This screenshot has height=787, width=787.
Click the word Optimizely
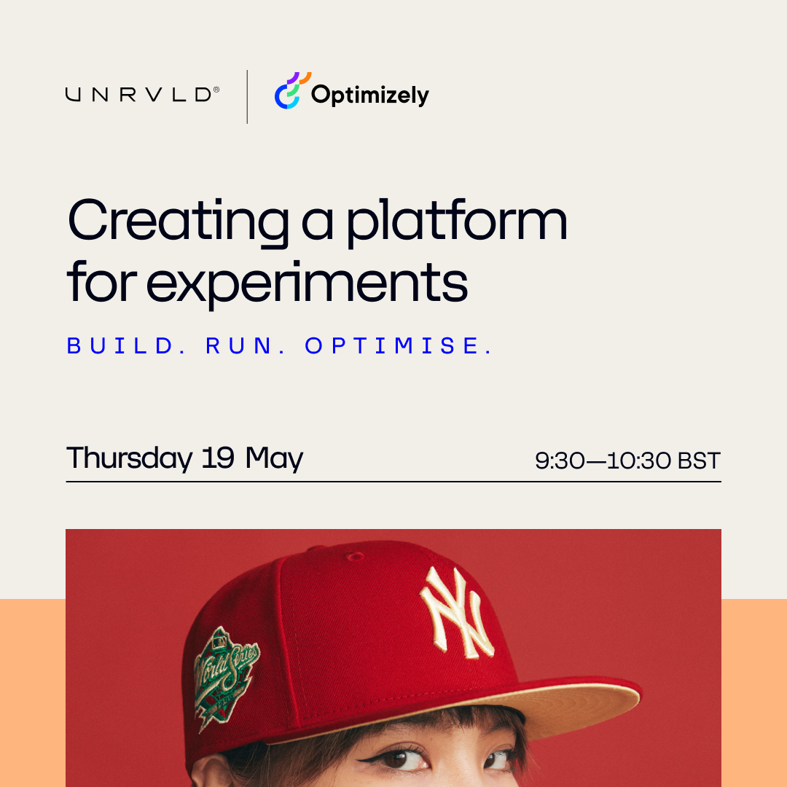pyautogui.click(x=370, y=95)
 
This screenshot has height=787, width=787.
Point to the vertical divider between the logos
pyautogui.click(x=247, y=97)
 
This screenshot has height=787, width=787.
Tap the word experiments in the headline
pyautogui.click(x=307, y=284)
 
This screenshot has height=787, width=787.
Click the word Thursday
pyautogui.click(x=129, y=458)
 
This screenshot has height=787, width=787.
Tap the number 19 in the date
pyautogui.click(x=218, y=458)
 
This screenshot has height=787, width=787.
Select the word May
pyautogui.click(x=274, y=459)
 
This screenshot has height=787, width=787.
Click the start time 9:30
pyautogui.click(x=560, y=461)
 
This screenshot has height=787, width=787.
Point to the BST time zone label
pyautogui.click(x=699, y=461)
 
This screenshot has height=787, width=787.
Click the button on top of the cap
pyautogui.click(x=356, y=556)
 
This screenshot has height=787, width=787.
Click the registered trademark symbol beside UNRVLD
pyautogui.click(x=216, y=90)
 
